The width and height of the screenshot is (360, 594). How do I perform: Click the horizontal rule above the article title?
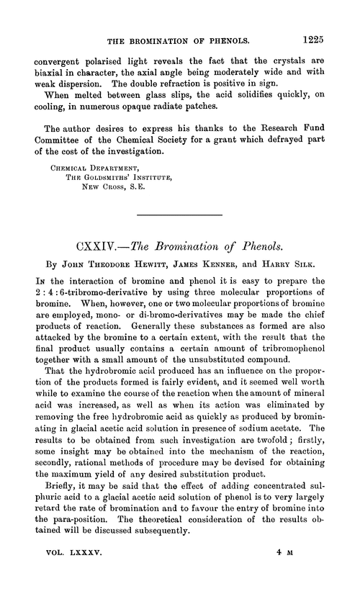pos(179,215)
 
